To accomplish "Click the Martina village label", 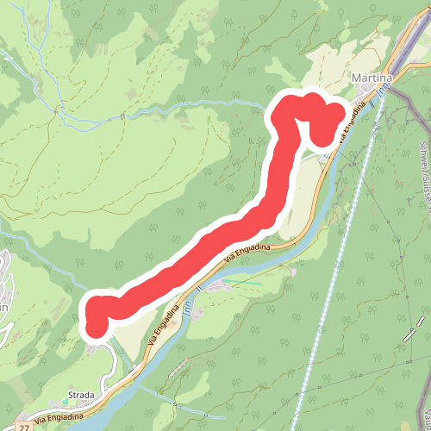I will tap(372, 78).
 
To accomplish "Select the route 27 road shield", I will tap(23, 427).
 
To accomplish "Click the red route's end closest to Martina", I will tap(322, 134).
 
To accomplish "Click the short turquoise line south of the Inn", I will tap(245, 283).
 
